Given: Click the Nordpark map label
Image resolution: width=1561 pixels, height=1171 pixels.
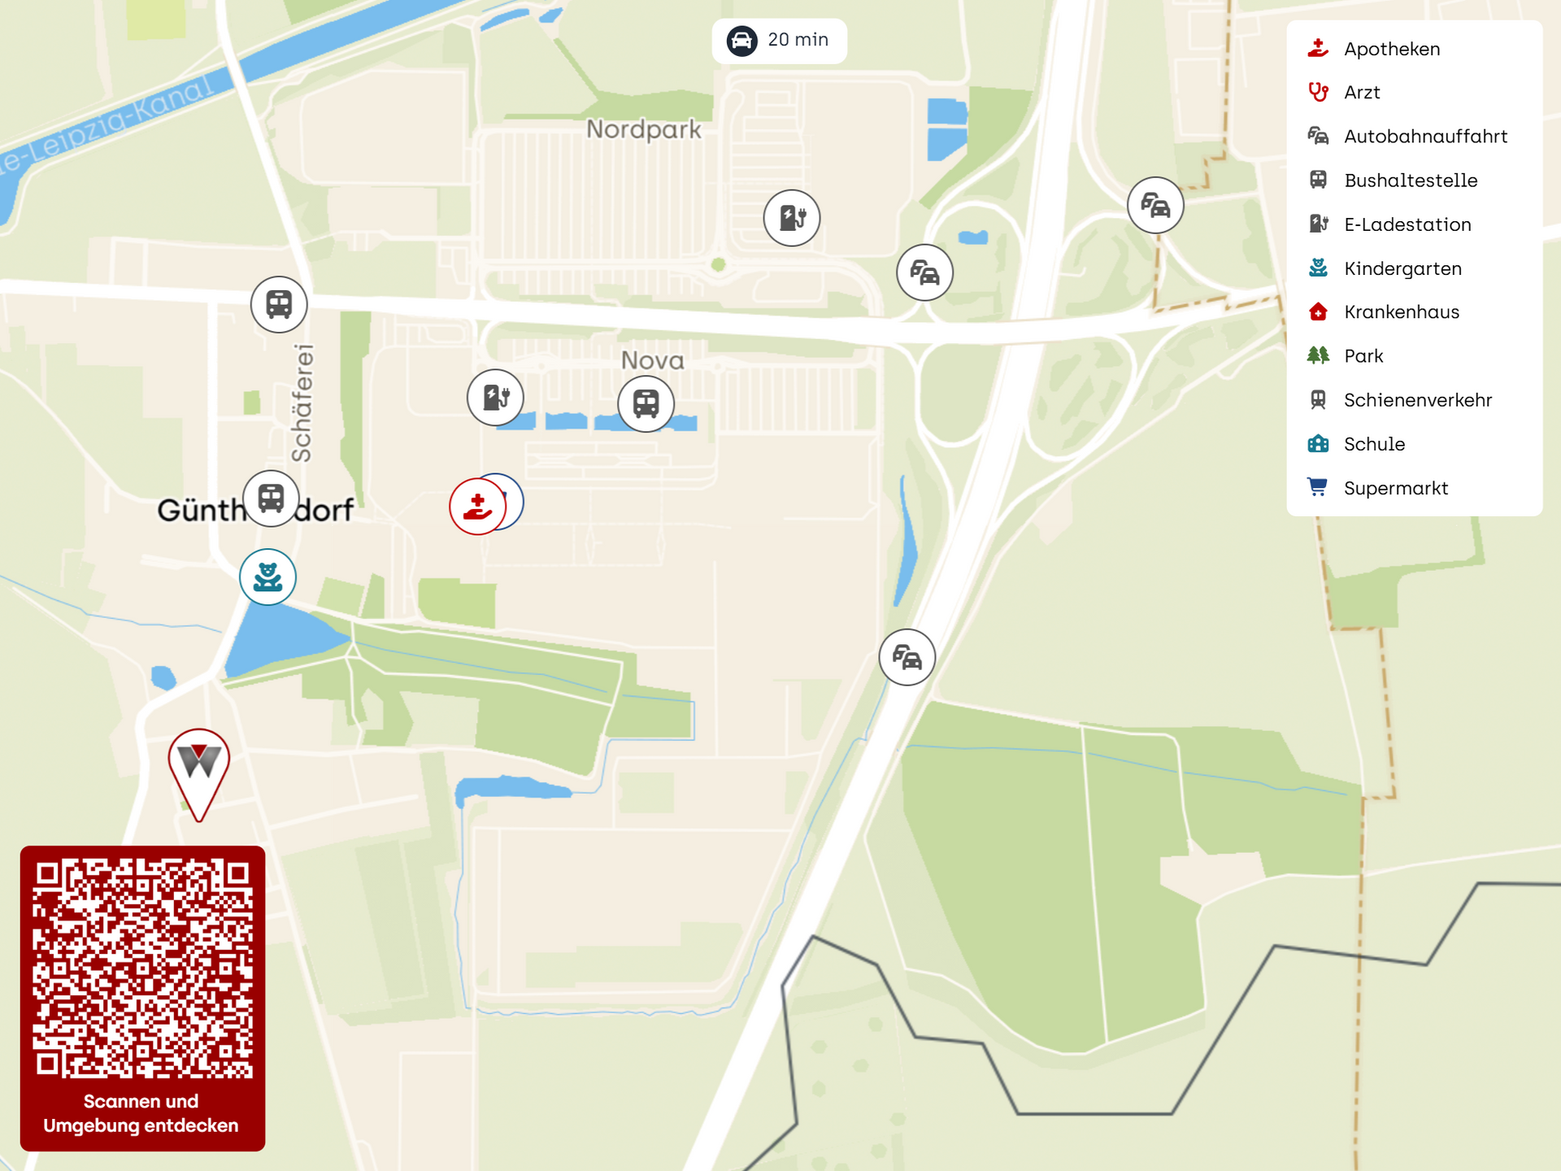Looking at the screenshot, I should point(643,129).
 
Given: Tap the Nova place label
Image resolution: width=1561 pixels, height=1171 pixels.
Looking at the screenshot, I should point(652,360).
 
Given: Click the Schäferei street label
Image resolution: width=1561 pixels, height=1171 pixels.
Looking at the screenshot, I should point(302,403).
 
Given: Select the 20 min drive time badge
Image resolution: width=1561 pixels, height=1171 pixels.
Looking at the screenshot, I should point(779,41).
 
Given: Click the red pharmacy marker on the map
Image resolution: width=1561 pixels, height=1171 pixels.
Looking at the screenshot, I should point(477,507).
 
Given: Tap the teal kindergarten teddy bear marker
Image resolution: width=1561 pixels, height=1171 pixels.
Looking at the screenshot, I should point(267,577).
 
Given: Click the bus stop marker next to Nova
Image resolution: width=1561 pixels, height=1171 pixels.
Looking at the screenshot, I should point(646,403).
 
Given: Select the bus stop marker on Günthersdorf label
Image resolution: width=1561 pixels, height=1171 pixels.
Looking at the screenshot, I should point(271,498).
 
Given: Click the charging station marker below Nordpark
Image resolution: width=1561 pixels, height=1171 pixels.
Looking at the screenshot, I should point(791,218).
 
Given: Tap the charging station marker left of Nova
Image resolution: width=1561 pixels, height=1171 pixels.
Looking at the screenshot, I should point(495,398).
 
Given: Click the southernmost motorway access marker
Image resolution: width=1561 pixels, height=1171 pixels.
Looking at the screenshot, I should point(907,657).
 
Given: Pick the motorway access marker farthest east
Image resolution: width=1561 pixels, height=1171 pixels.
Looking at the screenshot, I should point(1154,205).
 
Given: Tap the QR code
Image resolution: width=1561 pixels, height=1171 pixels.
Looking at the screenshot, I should point(142,969).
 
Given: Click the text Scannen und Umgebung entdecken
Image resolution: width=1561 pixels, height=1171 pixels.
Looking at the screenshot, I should point(141,1113).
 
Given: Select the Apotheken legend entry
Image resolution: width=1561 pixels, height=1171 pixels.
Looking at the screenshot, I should point(1391,49).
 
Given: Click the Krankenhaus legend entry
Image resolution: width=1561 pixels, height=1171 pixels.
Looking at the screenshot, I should point(1401,312).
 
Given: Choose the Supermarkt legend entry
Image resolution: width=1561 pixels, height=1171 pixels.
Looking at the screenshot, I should point(1395,488).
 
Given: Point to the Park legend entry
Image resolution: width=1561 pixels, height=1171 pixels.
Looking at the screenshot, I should point(1363,356).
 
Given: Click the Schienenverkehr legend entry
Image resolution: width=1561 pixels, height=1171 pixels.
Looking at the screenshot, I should point(1417,400).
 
